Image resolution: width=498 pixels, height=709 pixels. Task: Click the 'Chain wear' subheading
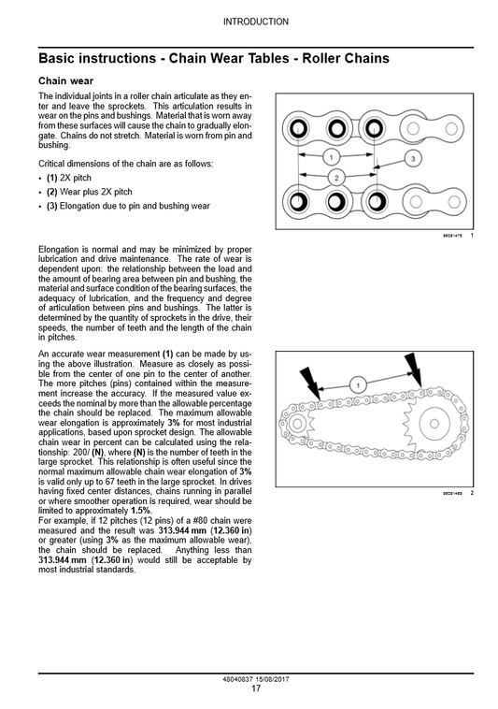[x=65, y=81]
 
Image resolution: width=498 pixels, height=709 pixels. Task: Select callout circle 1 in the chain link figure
[x=331, y=156]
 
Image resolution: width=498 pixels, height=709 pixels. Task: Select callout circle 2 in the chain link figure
[x=335, y=177]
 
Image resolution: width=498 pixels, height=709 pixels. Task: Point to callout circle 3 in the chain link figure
[x=413, y=159]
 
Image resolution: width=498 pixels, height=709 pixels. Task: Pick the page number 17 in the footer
[x=256, y=689]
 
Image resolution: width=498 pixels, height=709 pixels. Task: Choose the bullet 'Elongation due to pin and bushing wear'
[x=128, y=206]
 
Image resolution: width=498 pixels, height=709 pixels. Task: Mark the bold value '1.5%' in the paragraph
[x=140, y=511]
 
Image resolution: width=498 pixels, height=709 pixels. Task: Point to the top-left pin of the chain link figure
[x=298, y=128]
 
